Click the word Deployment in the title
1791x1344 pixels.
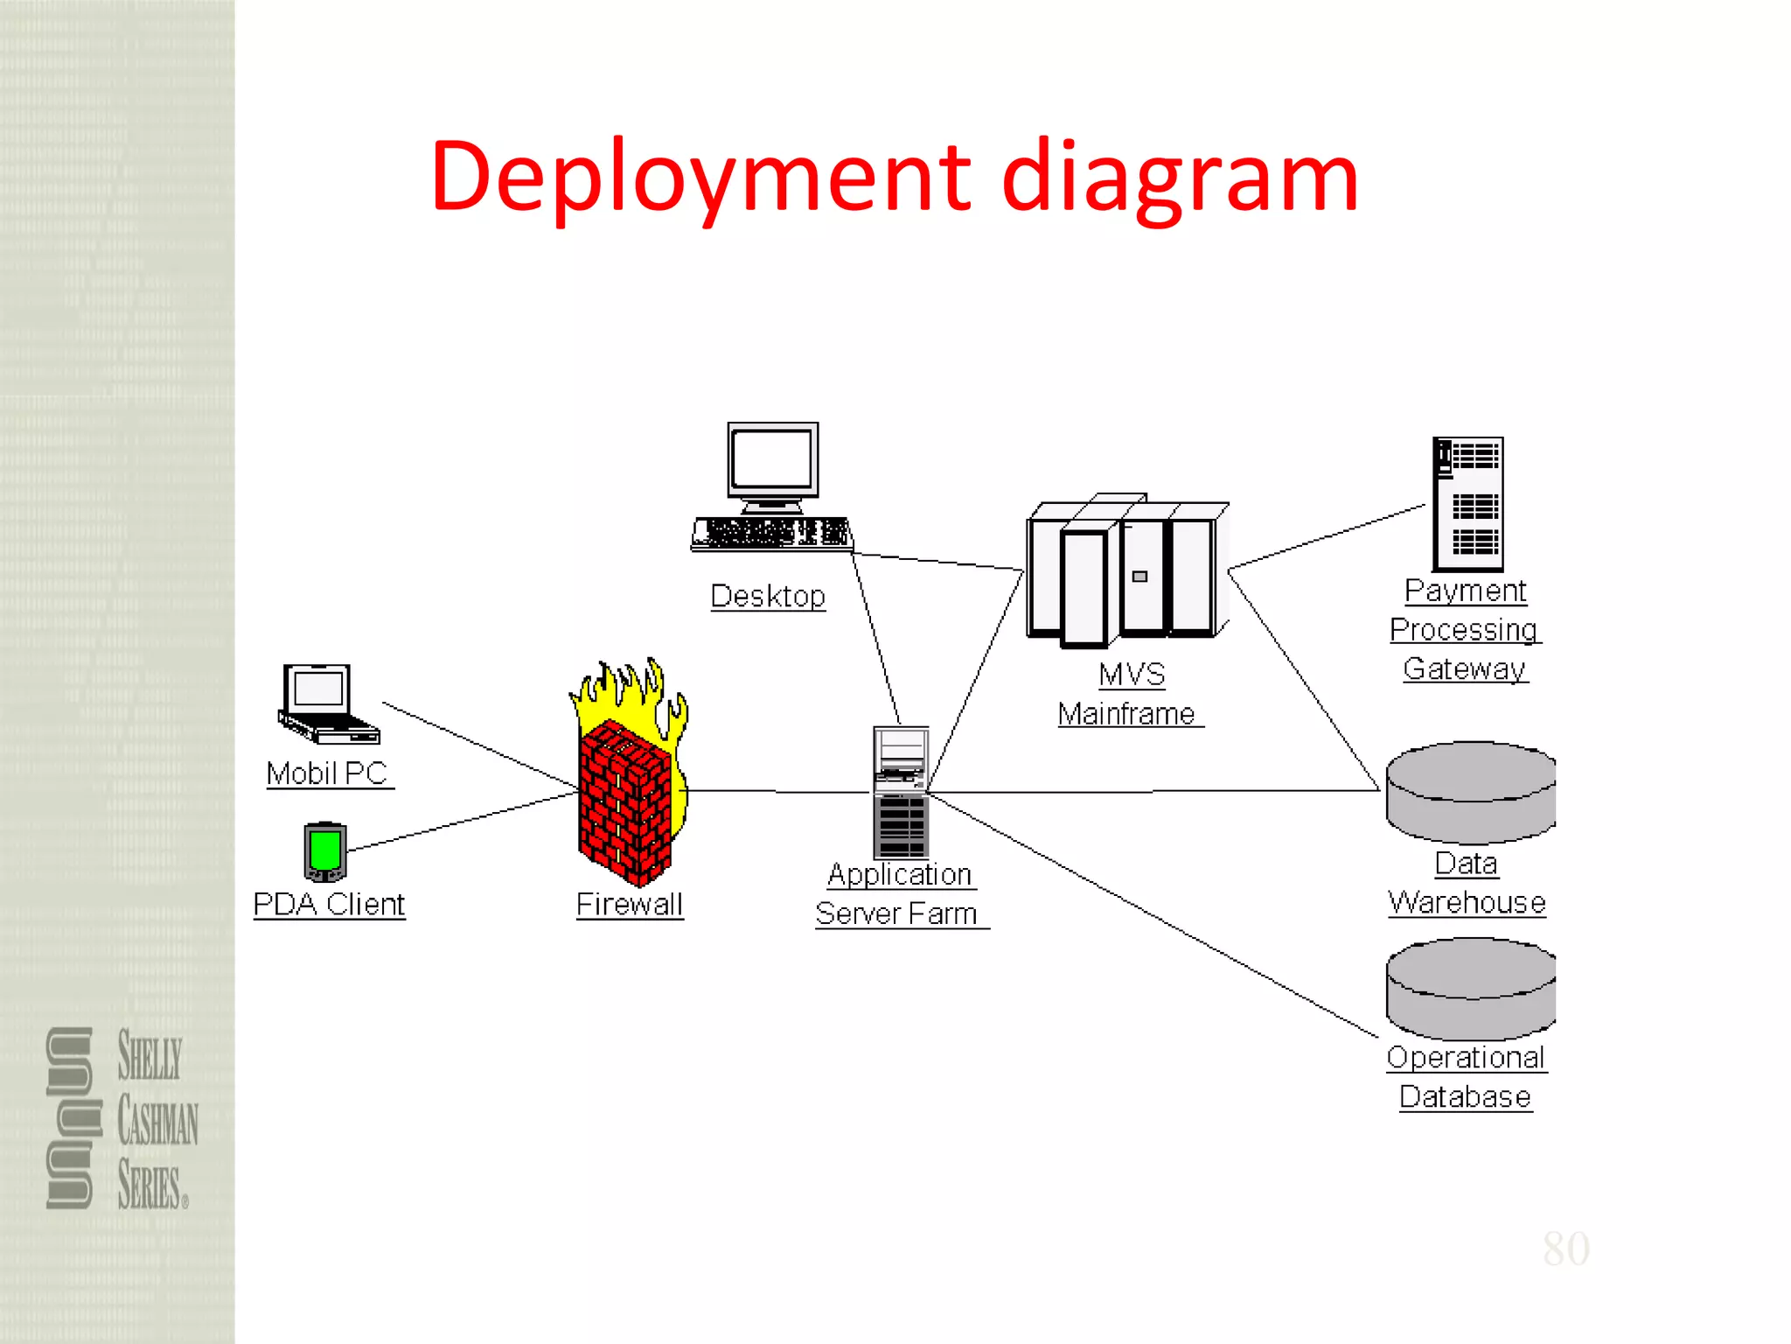700,178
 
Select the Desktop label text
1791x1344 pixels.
768,596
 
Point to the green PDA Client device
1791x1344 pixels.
325,851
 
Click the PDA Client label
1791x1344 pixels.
329,904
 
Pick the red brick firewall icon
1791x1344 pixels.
625,801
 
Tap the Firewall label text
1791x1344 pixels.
630,904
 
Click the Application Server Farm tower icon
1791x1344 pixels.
901,792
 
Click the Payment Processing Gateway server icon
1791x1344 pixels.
1468,504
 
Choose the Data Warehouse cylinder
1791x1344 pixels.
1470,792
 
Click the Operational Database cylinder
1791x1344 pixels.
1470,989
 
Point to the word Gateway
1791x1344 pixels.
1465,668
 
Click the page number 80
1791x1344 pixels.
1565,1249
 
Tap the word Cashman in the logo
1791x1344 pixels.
158,1121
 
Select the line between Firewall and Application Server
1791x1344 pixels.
778,792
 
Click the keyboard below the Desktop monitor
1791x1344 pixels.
771,533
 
